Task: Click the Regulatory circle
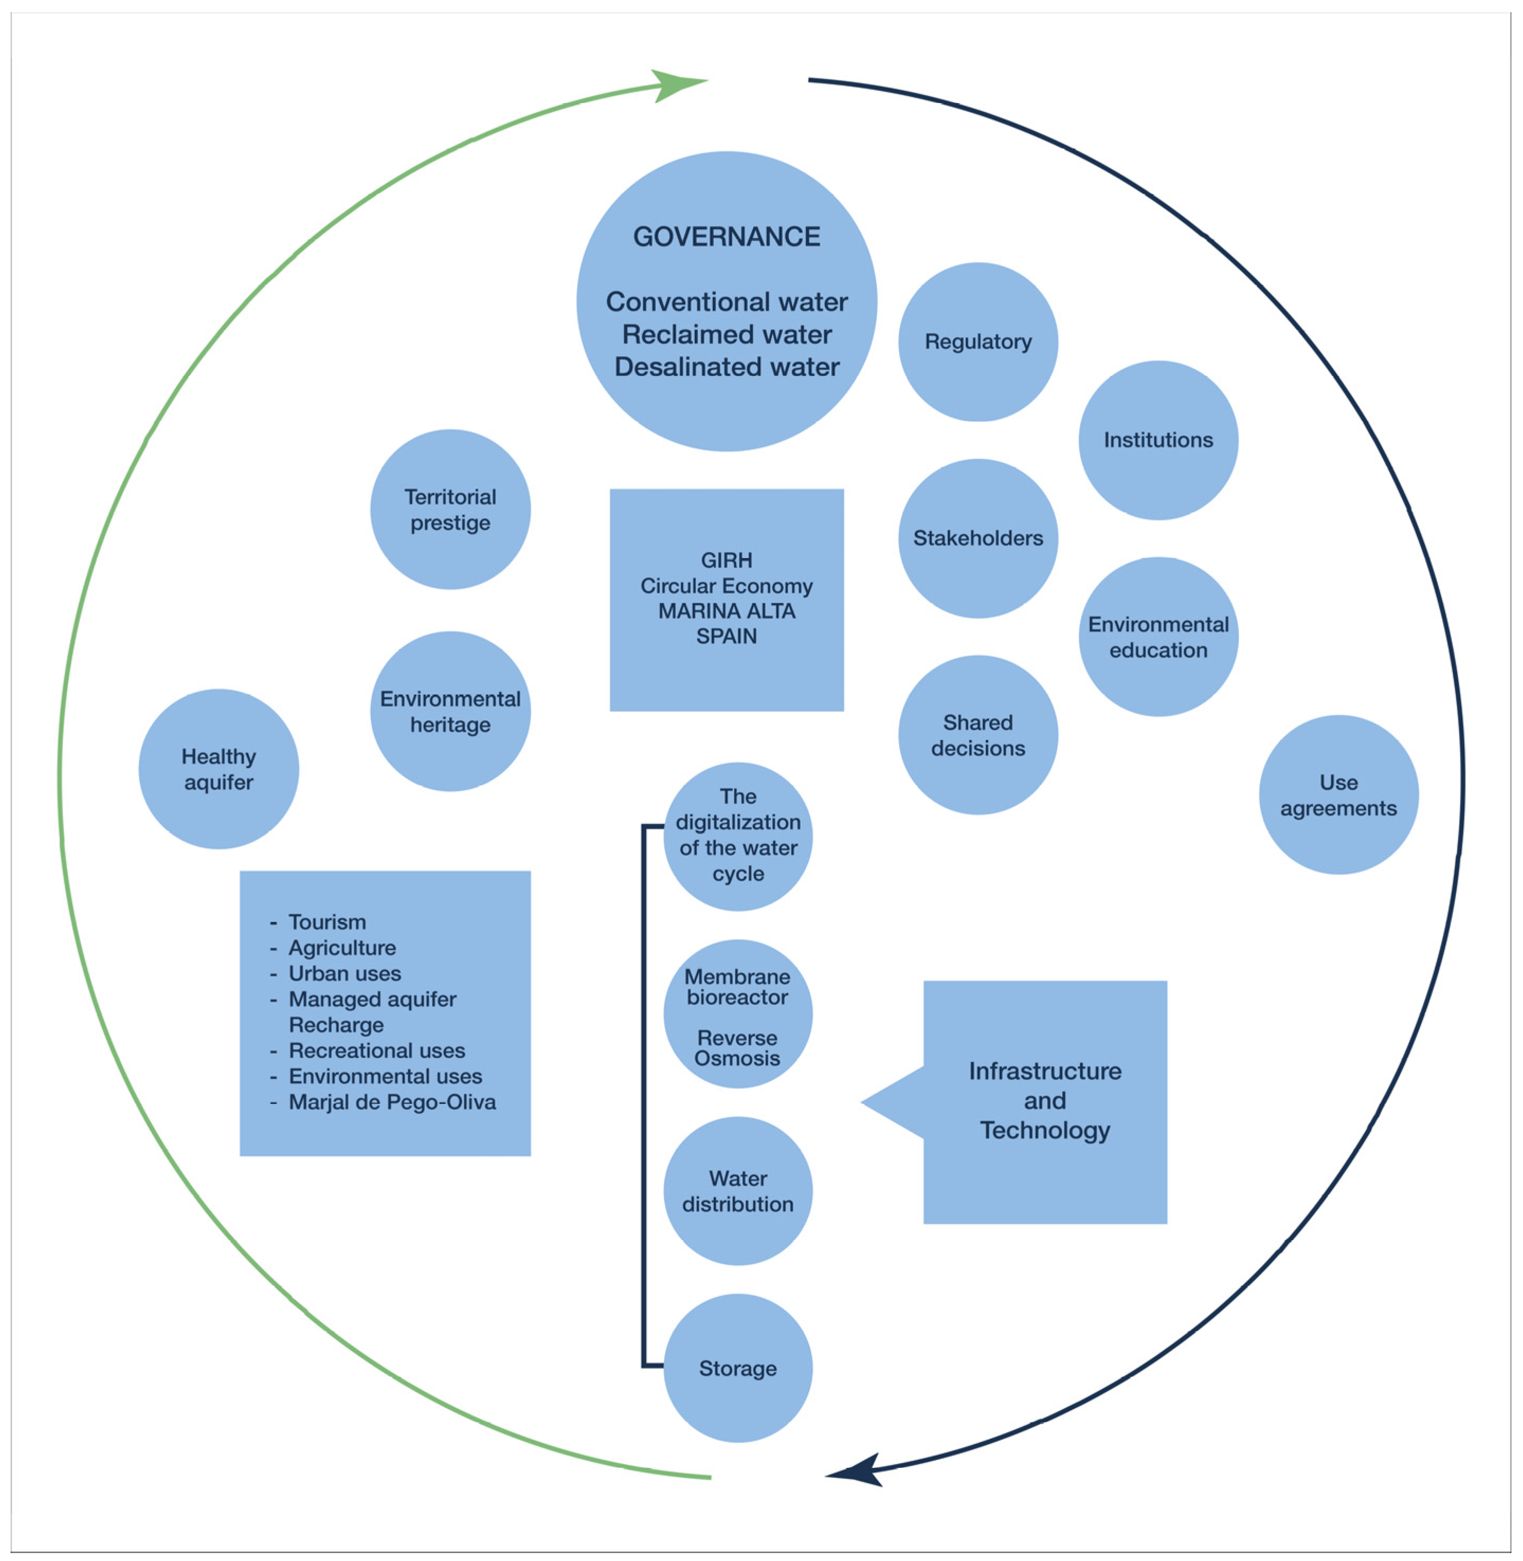pos(977,342)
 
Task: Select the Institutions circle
pos(1157,440)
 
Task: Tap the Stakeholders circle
pos(977,538)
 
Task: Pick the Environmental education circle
pos(1157,636)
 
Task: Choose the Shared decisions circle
pos(977,735)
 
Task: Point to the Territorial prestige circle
pos(450,509)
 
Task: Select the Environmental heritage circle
pos(450,711)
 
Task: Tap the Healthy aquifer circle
pos(219,769)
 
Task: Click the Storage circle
pos(738,1368)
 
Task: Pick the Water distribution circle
pos(738,1191)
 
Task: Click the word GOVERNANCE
pos(726,236)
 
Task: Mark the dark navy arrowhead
pos(856,1472)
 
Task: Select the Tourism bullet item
pos(327,922)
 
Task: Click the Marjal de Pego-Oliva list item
pos(392,1102)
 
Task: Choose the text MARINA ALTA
pos(726,611)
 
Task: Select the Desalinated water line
pos(726,367)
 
